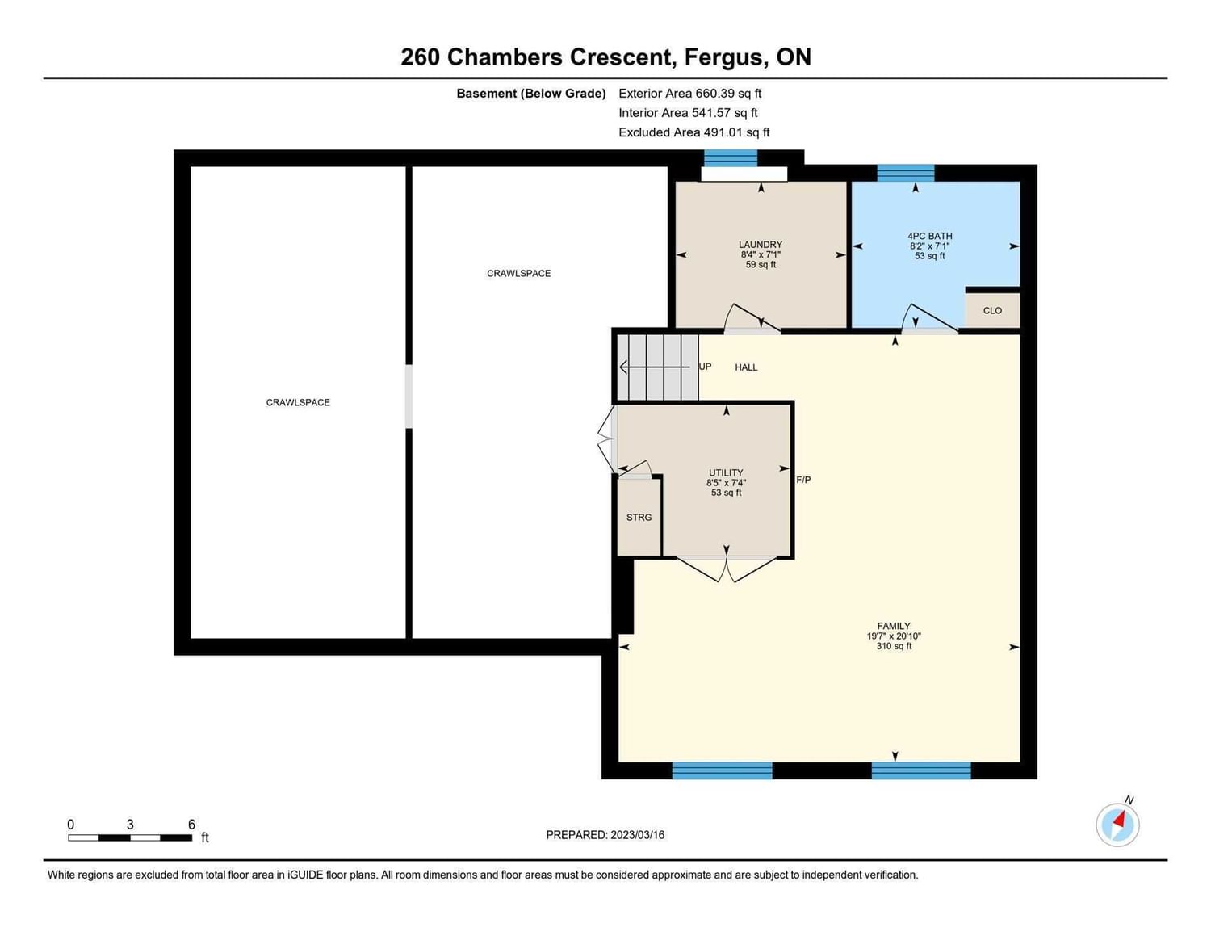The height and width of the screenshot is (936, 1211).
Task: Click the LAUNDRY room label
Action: tap(761, 244)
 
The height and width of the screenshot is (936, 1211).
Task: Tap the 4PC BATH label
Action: tap(929, 236)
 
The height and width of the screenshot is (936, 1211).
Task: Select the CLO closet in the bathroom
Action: tap(992, 310)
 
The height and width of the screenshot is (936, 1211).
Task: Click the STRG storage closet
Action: tap(639, 517)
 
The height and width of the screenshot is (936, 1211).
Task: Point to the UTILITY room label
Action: tap(726, 472)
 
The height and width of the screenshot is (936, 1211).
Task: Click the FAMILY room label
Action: tap(894, 626)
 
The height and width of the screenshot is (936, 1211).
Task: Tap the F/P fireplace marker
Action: tap(803, 480)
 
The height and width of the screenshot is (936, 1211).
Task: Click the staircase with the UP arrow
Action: tap(658, 367)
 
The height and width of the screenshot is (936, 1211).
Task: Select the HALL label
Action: tap(746, 367)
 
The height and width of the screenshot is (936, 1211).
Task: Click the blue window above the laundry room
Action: tap(731, 158)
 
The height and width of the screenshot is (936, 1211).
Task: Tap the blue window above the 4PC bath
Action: tap(906, 173)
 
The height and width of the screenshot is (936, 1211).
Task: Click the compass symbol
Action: tap(1117, 825)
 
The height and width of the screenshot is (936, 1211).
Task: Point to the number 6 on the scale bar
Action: tap(191, 825)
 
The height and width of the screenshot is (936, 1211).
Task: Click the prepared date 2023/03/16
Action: tap(638, 835)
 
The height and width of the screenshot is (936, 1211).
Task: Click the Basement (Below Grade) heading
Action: tap(531, 94)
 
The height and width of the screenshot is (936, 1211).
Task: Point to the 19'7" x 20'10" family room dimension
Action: tap(894, 636)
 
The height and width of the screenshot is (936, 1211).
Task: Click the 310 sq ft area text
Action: tap(894, 646)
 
